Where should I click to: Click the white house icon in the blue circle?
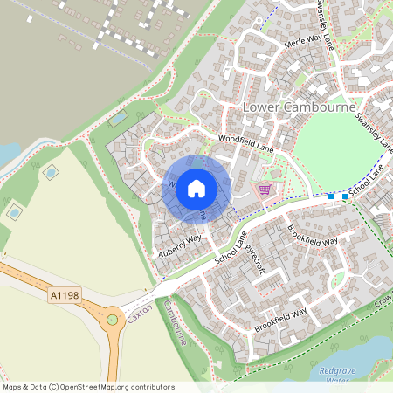[x=196, y=188]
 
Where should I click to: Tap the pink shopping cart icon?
[x=264, y=190]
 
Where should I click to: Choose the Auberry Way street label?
[x=180, y=245]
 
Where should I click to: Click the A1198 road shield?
[x=64, y=296]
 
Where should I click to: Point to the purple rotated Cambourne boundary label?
[x=175, y=323]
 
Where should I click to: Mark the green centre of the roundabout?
[x=112, y=321]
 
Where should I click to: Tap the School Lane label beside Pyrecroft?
[x=230, y=246]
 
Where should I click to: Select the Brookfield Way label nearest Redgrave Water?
[x=280, y=320]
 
